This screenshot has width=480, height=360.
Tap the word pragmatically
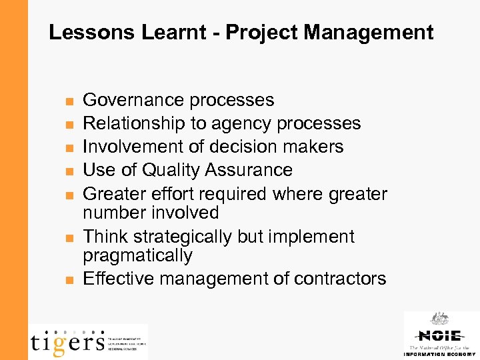click(137, 256)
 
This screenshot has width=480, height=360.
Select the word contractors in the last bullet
click(339, 278)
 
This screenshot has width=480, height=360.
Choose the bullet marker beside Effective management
click(69, 280)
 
